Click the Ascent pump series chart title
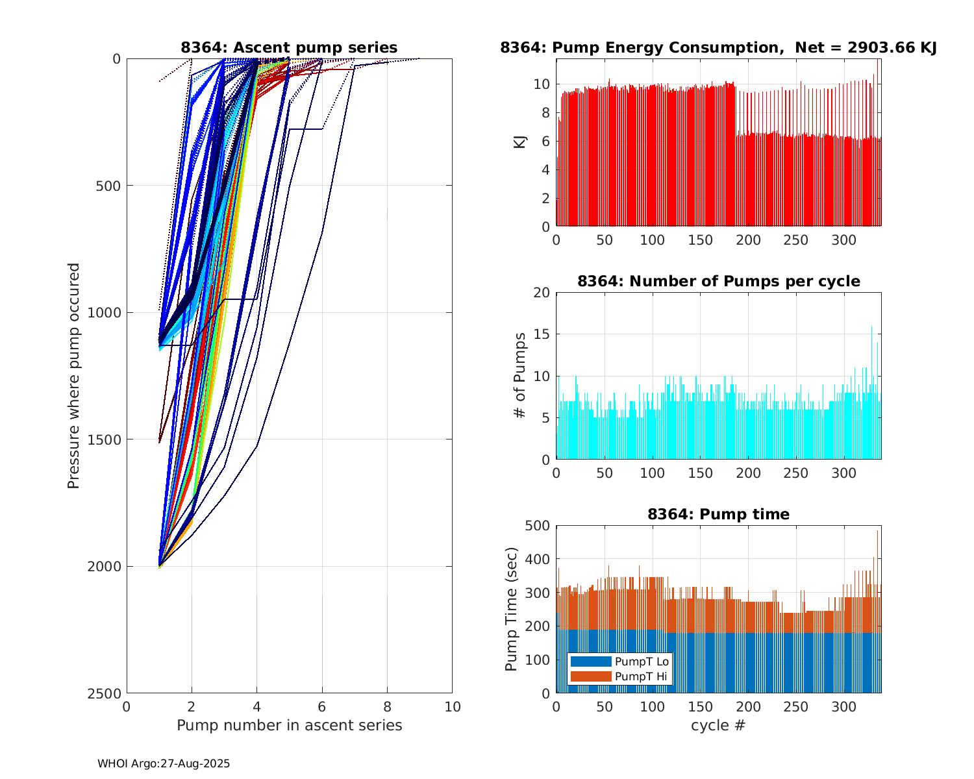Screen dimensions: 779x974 click(x=289, y=47)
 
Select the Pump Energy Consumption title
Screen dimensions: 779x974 click(x=718, y=47)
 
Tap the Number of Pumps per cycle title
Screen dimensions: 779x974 click(x=718, y=281)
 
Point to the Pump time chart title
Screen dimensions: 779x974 click(x=718, y=514)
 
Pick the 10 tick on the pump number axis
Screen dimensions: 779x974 click(x=452, y=706)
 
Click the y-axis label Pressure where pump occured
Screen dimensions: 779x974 click(x=73, y=375)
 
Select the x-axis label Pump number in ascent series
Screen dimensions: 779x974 click(x=289, y=725)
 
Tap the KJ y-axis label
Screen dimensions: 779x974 click(x=519, y=142)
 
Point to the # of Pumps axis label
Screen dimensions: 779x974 click(x=519, y=375)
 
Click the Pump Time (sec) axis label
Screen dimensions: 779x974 click(x=512, y=609)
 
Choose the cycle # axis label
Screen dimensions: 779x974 click(x=718, y=725)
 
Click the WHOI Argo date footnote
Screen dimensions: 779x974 click(x=164, y=764)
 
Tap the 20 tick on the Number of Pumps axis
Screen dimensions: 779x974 click(x=543, y=293)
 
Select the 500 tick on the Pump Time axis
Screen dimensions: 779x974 click(x=538, y=526)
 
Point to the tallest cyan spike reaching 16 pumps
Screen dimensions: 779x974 click(x=871, y=327)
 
